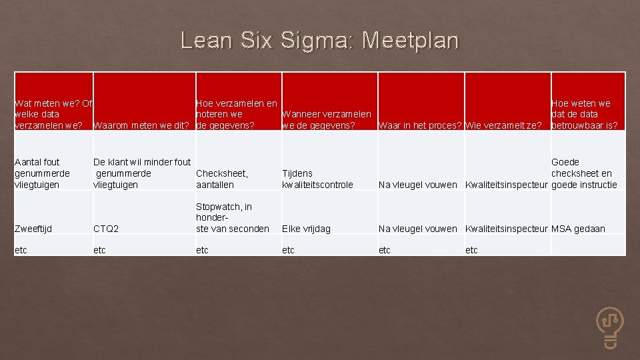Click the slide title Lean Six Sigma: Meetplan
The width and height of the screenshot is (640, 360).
pyautogui.click(x=319, y=41)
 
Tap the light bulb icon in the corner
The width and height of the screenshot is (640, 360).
pyautogui.click(x=610, y=327)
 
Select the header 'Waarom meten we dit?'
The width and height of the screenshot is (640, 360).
pyautogui.click(x=142, y=125)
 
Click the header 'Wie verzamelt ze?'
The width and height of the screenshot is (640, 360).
pyautogui.click(x=503, y=125)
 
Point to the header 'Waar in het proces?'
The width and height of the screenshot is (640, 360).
pyautogui.click(x=420, y=125)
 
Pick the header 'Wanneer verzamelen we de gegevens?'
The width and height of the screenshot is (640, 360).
pyautogui.click(x=327, y=120)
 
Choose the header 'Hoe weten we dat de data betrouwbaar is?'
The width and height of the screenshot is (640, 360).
pyautogui.click(x=584, y=114)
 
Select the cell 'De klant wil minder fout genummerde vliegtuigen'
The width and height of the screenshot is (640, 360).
pyautogui.click(x=142, y=173)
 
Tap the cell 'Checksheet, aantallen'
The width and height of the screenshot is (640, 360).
pyautogui.click(x=222, y=179)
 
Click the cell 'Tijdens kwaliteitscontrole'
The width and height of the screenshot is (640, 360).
pyautogui.click(x=318, y=179)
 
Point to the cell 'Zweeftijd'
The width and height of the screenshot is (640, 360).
pyautogui.click(x=33, y=229)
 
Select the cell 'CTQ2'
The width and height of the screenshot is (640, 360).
pyautogui.click(x=106, y=229)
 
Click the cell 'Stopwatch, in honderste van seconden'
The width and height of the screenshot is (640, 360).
pyautogui.click(x=232, y=218)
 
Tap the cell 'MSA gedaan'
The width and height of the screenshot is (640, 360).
pyautogui.click(x=578, y=229)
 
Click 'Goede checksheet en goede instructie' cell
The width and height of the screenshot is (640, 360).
pyautogui.click(x=584, y=173)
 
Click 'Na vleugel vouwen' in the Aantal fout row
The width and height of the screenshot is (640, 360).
pyautogui.click(x=417, y=185)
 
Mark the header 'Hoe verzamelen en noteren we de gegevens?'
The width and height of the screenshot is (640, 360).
pyautogui.click(x=237, y=114)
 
